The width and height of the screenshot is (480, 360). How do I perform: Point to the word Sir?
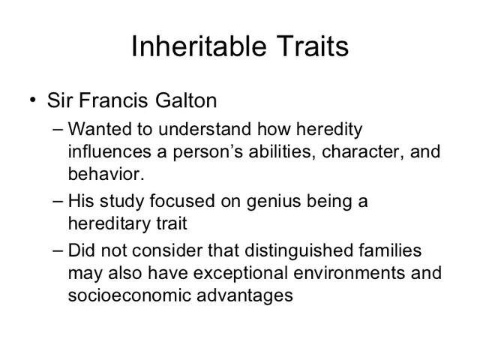point(61,100)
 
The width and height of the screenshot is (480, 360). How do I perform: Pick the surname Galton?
point(188,100)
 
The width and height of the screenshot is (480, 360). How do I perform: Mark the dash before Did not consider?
point(60,250)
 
